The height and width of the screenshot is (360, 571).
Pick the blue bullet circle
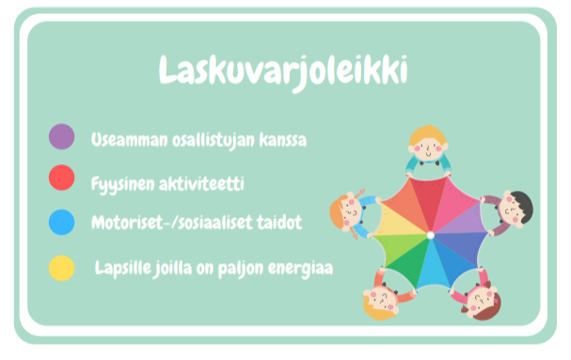[62, 222]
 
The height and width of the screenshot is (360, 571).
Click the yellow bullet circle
[62, 268]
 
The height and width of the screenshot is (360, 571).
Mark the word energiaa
[301, 269]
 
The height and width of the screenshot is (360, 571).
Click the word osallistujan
[210, 140]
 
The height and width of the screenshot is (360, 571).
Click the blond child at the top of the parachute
[429, 142]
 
